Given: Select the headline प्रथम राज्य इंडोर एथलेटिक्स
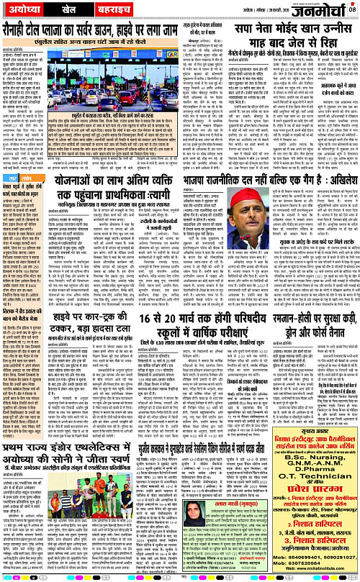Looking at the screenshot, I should point(80,454).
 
